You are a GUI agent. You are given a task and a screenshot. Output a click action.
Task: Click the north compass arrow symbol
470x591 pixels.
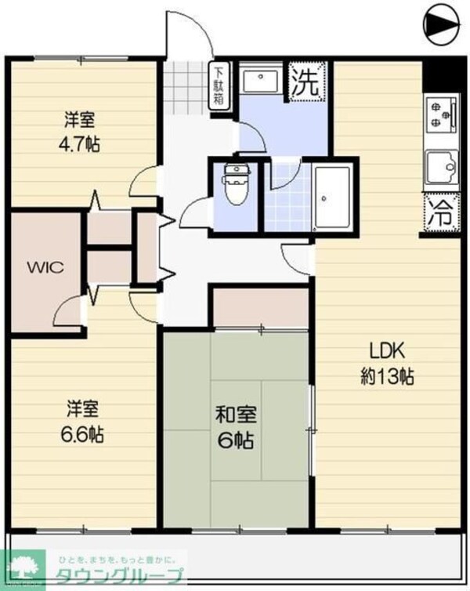click(x=441, y=24)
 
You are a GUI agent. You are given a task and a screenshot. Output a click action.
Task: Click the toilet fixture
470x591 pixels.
click(x=233, y=185)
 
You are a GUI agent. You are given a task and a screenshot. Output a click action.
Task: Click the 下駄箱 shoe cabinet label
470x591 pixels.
click(x=219, y=85)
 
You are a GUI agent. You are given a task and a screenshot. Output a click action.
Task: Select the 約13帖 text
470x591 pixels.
click(x=387, y=375)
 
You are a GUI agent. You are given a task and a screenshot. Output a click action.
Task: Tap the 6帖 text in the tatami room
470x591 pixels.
click(x=235, y=441)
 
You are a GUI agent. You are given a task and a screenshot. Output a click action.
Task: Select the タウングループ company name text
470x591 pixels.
click(x=118, y=578)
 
